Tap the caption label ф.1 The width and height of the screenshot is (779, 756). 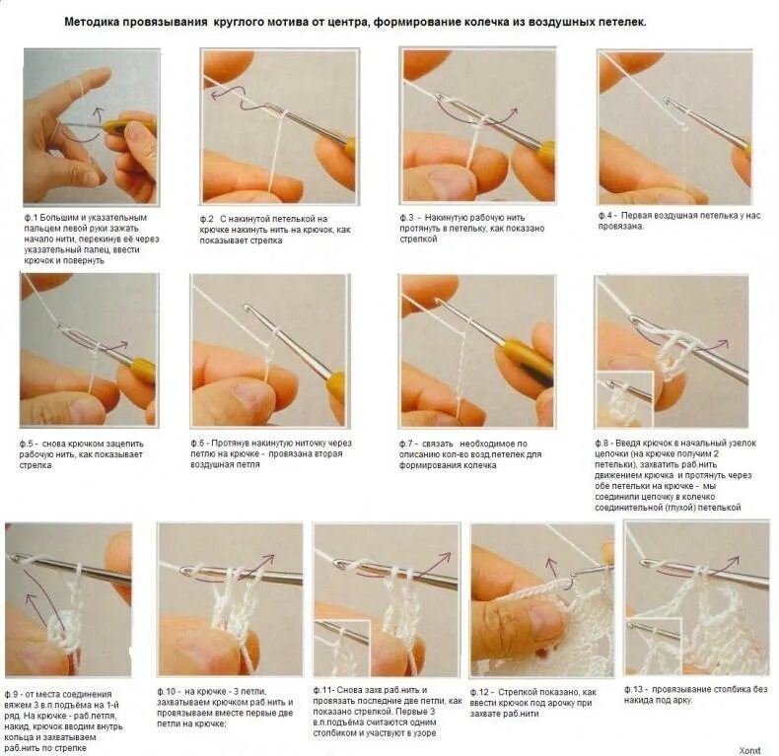tap(31, 218)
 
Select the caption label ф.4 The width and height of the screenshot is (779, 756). tap(607, 216)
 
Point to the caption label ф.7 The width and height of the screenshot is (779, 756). tap(408, 444)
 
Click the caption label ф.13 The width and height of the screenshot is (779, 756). tap(634, 689)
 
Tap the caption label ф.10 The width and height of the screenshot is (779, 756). tap(167, 691)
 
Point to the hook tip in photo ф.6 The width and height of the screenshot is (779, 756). tap(247, 308)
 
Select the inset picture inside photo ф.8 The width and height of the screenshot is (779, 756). tap(624, 399)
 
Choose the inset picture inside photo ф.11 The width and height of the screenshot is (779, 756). tap(342, 648)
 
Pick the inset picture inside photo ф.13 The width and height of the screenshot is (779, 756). tap(654, 646)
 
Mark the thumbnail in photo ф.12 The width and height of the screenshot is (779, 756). tap(544, 617)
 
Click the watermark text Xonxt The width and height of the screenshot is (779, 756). tap(749, 750)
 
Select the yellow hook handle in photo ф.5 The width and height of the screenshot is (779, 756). tap(141, 370)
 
